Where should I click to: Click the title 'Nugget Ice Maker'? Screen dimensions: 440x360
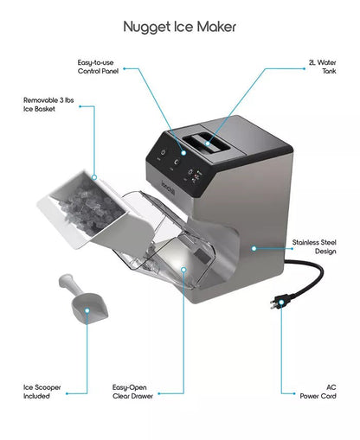pos(179,27)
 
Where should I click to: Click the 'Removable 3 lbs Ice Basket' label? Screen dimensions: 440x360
pos(46,105)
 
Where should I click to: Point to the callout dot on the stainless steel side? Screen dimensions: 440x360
pos(254,247)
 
